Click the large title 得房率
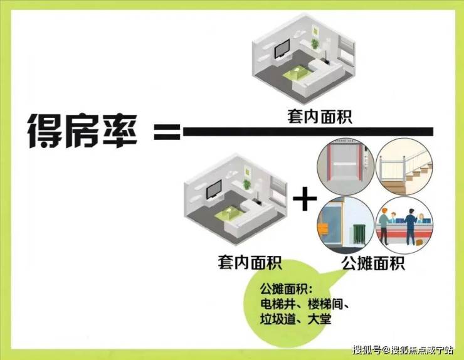click(x=83, y=131)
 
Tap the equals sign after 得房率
click(x=167, y=132)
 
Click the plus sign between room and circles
click(x=305, y=198)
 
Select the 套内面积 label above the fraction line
click(x=320, y=117)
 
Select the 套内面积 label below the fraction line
click(x=250, y=262)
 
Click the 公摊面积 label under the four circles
click(x=374, y=263)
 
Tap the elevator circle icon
click(x=345, y=167)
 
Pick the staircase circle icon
click(x=404, y=167)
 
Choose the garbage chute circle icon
click(x=345, y=226)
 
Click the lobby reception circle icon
click(x=404, y=226)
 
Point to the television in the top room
click(x=282, y=49)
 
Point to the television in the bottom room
click(x=214, y=189)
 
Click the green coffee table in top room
click(x=297, y=73)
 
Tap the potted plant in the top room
click(x=315, y=43)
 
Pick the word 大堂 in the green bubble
click(x=319, y=319)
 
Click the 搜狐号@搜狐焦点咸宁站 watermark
click(x=403, y=350)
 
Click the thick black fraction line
click(x=308, y=132)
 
